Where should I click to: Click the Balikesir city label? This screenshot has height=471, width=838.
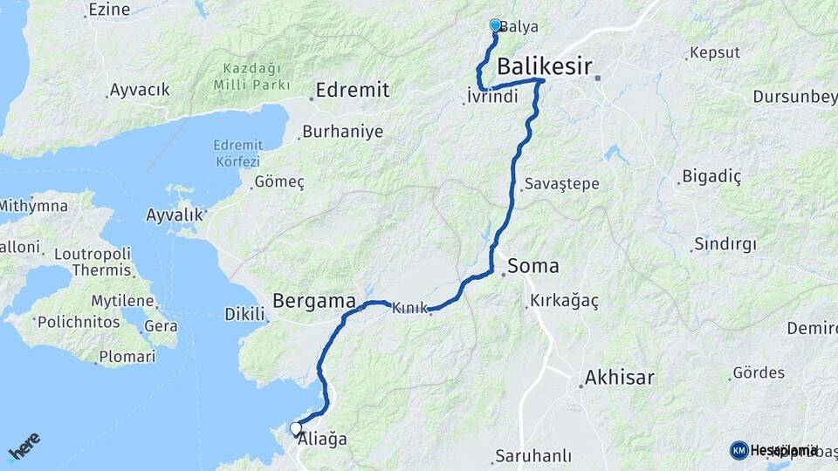[x=545, y=66]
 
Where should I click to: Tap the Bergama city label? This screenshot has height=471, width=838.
[x=314, y=301]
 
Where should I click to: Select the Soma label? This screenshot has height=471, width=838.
[x=532, y=266]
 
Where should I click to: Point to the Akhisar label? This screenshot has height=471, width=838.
[x=620, y=379]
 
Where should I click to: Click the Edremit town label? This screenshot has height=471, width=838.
[x=352, y=90]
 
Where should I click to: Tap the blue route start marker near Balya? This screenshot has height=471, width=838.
[x=496, y=26]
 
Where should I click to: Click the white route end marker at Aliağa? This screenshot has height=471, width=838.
[x=296, y=428]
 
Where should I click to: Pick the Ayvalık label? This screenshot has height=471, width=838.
[x=175, y=214]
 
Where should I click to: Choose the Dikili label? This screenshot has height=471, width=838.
[x=244, y=313]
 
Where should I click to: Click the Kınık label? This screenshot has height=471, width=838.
[x=410, y=308]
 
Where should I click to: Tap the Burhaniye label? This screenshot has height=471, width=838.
[x=329, y=133]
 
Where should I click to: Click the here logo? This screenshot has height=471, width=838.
[x=24, y=446]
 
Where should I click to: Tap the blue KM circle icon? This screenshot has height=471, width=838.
[x=738, y=450]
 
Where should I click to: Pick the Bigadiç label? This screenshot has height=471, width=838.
[x=711, y=178]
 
